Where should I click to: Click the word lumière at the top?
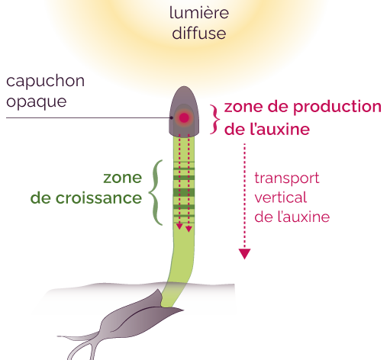(x=199, y=13)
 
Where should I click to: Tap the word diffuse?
(x=199, y=33)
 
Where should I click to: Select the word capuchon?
(x=45, y=82)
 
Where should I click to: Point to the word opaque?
(x=37, y=102)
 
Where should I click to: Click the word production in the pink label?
(x=337, y=107)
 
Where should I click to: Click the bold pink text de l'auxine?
(x=267, y=129)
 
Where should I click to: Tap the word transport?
(x=287, y=178)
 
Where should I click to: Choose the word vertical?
(x=281, y=198)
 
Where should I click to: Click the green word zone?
(x=122, y=178)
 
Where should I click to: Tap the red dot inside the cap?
(x=184, y=117)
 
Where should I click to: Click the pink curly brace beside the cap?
(x=215, y=119)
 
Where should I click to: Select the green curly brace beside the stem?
(x=156, y=192)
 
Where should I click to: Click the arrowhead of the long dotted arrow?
(x=245, y=253)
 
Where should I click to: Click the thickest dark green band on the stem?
(x=184, y=192)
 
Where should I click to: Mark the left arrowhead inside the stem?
(x=179, y=227)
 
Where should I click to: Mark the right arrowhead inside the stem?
(x=189, y=229)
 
